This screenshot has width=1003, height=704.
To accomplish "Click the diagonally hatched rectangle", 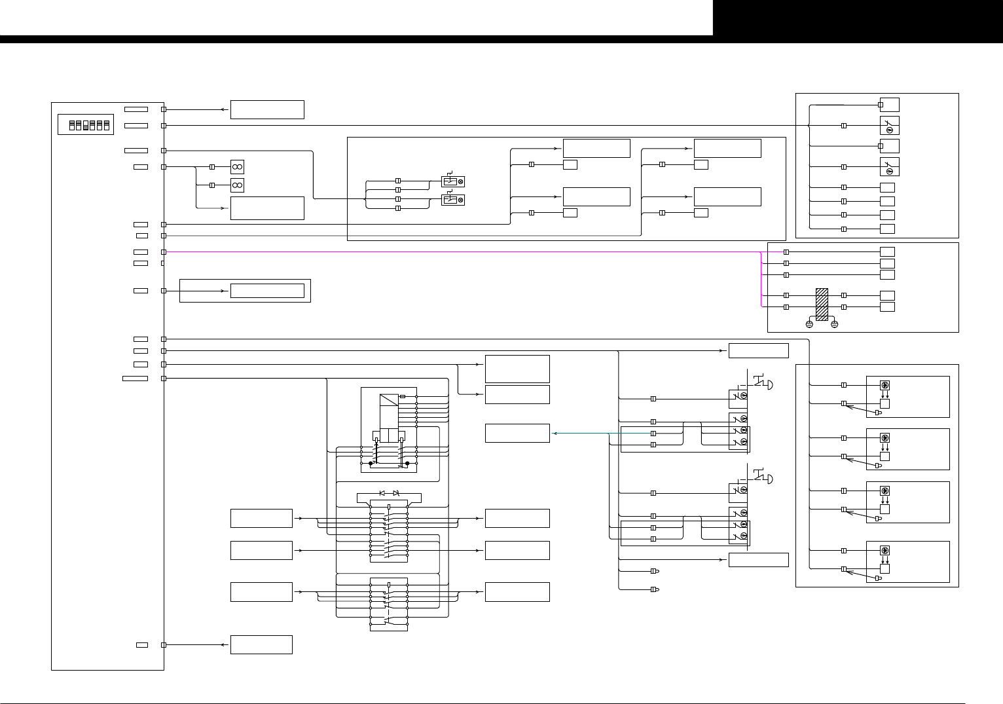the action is point(822,305).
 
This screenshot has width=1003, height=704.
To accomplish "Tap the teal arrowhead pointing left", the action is point(555,434).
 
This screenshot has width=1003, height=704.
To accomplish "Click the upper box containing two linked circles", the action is point(237,167).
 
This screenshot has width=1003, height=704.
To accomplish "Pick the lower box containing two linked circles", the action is point(237,185).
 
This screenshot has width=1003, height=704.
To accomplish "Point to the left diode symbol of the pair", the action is point(382,492).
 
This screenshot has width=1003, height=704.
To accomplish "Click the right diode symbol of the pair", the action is point(395,492).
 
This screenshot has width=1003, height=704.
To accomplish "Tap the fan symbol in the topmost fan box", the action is point(884,385).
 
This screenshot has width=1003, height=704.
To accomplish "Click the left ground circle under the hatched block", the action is point(809,324).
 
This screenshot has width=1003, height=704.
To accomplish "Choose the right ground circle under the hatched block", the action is point(835,324).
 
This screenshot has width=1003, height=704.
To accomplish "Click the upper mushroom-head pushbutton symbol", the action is point(765,384).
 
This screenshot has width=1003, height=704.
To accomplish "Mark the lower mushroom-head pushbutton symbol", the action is point(765,479).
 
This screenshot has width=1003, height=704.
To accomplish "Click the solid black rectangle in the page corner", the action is point(858,18).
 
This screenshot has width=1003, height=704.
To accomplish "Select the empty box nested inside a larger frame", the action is point(267,291).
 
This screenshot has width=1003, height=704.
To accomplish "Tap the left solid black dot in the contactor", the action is point(371,464).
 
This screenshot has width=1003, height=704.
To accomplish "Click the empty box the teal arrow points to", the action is point(517,434).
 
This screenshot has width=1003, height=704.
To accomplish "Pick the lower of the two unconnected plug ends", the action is point(655,589).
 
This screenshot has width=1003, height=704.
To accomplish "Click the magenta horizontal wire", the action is point(458,251).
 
